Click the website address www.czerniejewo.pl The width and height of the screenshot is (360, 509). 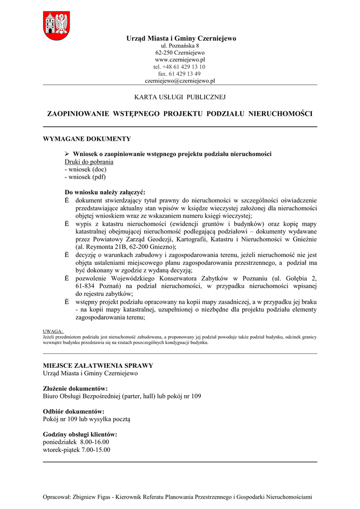180,59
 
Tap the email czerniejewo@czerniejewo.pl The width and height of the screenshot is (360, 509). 180,80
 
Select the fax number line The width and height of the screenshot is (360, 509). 180,73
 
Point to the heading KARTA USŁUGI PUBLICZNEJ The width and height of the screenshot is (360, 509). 180,97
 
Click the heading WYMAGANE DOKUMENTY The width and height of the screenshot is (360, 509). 87,139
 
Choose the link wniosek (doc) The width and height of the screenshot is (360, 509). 86,169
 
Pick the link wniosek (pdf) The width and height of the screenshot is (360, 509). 85,176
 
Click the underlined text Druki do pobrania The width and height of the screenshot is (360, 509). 89,162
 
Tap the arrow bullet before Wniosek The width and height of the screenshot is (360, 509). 68,154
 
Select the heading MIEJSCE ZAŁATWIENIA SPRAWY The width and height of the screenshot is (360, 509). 98,366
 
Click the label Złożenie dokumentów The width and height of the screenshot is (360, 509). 76,389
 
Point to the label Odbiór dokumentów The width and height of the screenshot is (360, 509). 74,412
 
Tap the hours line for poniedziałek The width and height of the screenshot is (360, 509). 76,442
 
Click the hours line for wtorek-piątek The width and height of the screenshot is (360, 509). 77,450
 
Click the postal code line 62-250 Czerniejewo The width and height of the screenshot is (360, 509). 180,52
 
